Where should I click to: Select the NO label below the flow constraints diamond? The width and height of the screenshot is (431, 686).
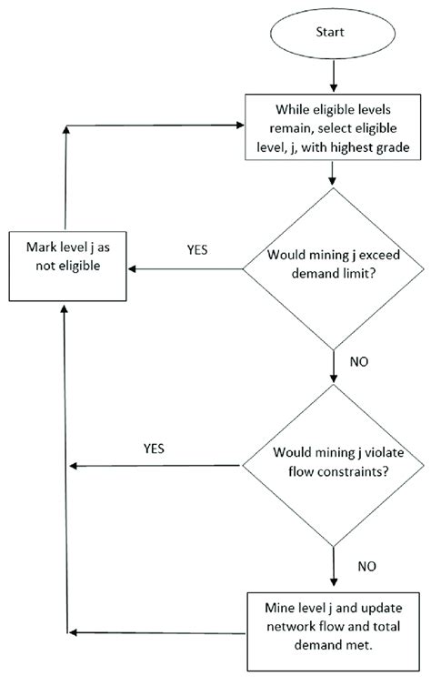(366, 565)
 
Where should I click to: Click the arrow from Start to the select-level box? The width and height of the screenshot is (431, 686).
(333, 82)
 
